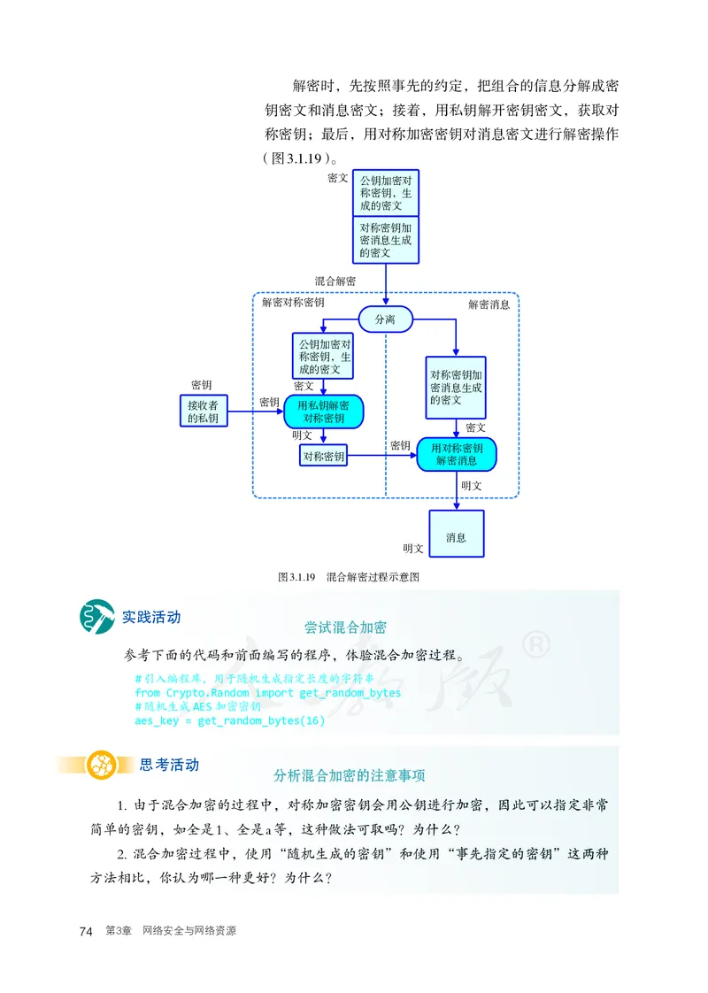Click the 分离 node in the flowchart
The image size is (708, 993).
click(385, 319)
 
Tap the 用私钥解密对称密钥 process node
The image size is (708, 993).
click(323, 412)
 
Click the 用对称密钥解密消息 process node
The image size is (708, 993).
click(456, 454)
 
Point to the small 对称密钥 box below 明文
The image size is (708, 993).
click(323, 457)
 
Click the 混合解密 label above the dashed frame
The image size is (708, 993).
click(335, 281)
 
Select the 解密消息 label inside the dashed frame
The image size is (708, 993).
click(489, 304)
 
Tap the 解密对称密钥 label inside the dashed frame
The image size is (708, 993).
click(293, 303)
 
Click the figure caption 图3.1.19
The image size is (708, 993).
click(348, 576)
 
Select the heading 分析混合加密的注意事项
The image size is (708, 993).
click(350, 775)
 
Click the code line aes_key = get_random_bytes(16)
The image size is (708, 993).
click(229, 721)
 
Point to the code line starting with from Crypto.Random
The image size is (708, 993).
click(267, 693)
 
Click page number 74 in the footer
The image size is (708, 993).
click(86, 931)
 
